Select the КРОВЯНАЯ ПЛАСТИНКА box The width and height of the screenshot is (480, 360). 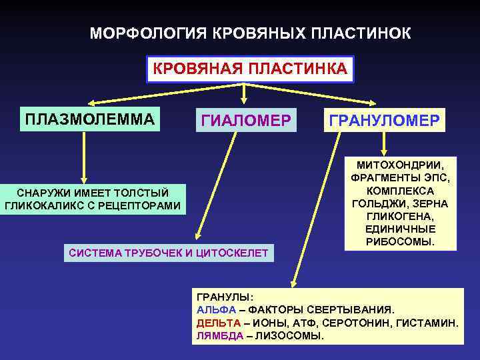click(250, 69)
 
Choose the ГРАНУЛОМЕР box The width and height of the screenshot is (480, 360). click(383, 120)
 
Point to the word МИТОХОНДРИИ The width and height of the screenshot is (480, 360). click(401, 164)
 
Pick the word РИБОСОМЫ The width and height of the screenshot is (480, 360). click(401, 241)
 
